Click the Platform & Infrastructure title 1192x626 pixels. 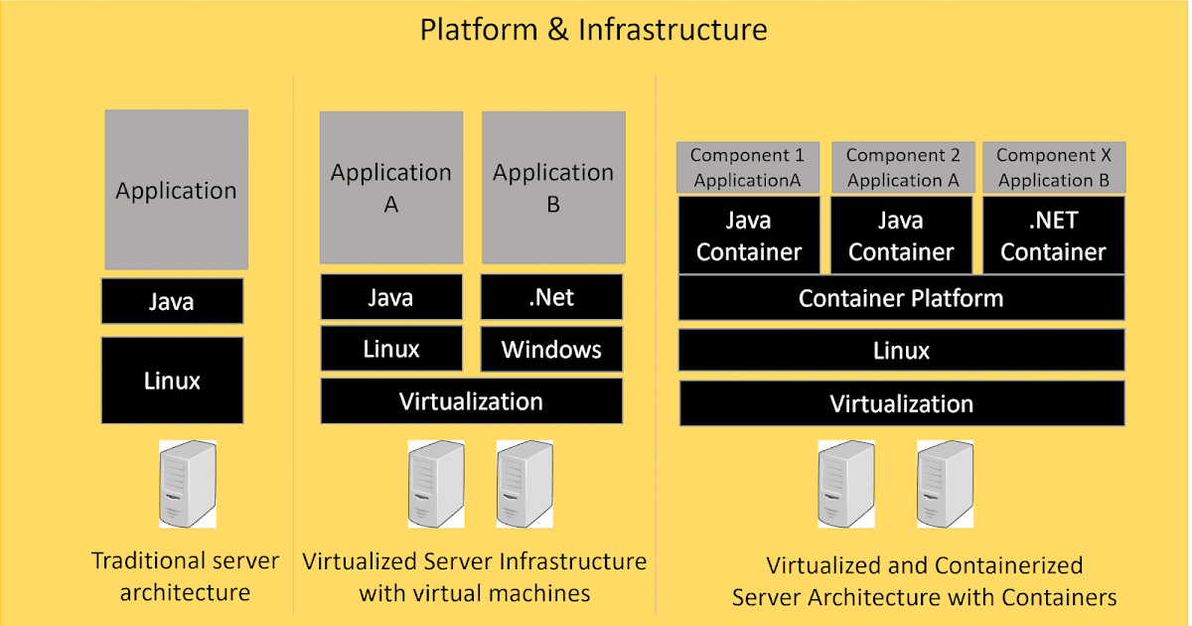[x=593, y=29]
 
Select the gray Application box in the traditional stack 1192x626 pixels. [x=176, y=190]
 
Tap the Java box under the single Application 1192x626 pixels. [x=172, y=301]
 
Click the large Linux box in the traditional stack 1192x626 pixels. [x=172, y=380]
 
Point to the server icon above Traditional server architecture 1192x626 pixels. [x=187, y=485]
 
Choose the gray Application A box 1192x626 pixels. [x=390, y=188]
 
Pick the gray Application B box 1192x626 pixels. [x=552, y=188]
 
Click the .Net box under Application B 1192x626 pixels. [x=551, y=297]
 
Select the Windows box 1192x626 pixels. [x=551, y=350]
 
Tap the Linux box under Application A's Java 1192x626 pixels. [x=390, y=350]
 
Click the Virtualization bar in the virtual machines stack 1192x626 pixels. [x=471, y=401]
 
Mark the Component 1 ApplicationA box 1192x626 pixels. [x=748, y=168]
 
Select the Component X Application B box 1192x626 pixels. [x=1053, y=168]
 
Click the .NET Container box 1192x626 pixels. [x=1053, y=237]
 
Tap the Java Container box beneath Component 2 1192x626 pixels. [x=901, y=237]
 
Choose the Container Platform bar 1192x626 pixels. [x=901, y=298]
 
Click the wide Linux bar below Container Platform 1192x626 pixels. [x=901, y=351]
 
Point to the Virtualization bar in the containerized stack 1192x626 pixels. [x=901, y=403]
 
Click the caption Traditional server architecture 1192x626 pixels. [x=185, y=577]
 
